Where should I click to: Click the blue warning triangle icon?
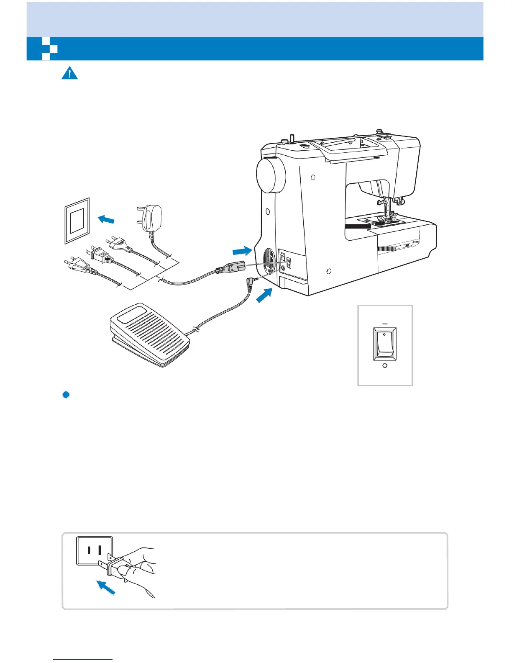coord(69,73)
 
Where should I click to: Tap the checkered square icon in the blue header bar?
coord(50,49)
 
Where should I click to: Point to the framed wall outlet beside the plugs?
coord(77,221)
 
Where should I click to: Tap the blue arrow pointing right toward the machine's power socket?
coord(242,251)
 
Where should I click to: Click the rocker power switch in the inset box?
coord(385,344)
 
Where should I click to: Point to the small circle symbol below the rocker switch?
coord(385,366)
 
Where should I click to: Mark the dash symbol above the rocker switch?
coord(385,324)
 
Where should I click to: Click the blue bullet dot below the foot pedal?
coord(66,395)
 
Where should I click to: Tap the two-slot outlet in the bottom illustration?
coord(94,550)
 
